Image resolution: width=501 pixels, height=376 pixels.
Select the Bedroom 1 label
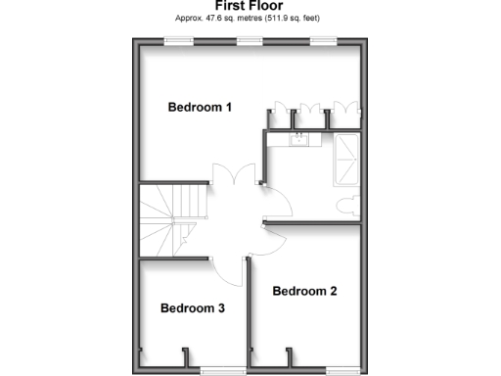pyautogui.click(x=200, y=108)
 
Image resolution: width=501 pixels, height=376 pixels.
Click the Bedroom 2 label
pyautogui.click(x=304, y=291)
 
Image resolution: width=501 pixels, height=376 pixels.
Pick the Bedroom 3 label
pyautogui.click(x=193, y=308)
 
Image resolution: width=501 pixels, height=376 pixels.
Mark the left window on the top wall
pyautogui.click(x=177, y=41)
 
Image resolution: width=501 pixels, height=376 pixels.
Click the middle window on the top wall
pyautogui.click(x=250, y=41)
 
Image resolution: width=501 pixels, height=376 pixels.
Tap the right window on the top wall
pyautogui.click(x=323, y=41)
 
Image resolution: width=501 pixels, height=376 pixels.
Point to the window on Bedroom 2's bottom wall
pyautogui.click(x=340, y=370)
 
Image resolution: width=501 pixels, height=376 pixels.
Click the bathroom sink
pyautogui.click(x=298, y=141)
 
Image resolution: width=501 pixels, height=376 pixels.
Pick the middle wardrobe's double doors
pyautogui.click(x=311, y=113)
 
